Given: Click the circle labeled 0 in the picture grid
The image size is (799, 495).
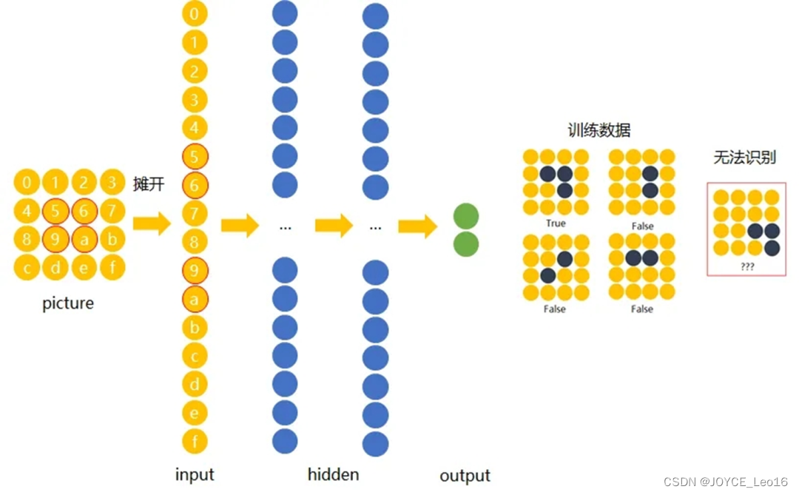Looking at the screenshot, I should click(27, 183).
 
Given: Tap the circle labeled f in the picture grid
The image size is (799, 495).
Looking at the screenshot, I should click(112, 267).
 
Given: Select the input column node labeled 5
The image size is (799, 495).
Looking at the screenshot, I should click(195, 157).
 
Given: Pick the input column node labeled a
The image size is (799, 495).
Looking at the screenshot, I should click(195, 299).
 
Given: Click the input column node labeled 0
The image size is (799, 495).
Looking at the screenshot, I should click(195, 14).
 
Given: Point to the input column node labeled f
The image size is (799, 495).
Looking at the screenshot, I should click(195, 442).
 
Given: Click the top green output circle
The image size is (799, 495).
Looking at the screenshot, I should click(465, 216).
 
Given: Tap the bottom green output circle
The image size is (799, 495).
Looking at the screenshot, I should click(465, 244).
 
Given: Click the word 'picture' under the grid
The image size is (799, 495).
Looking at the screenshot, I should click(68, 303).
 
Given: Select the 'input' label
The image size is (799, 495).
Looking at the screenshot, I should click(195, 474).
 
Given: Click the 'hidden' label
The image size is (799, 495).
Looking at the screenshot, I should click(333, 474).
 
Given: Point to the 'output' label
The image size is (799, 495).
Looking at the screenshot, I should click(465, 476).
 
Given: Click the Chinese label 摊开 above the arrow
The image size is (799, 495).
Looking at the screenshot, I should click(149, 183).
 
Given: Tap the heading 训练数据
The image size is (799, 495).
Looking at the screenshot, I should click(599, 131).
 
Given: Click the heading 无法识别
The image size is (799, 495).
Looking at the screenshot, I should click(744, 158).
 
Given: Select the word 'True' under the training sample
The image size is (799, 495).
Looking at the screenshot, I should click(555, 223).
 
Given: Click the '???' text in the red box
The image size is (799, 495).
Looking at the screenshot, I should click(747, 266).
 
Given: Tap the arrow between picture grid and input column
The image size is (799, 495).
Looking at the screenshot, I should click(152, 223).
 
